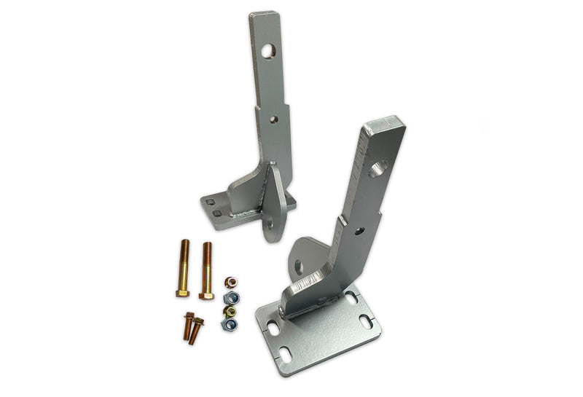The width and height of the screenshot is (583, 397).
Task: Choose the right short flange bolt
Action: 197,329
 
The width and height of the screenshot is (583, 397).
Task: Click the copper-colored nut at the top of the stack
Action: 230,282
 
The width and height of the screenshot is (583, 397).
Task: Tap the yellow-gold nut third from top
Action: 230,311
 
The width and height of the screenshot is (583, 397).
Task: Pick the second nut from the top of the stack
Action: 231,297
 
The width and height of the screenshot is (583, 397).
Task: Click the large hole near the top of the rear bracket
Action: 269,51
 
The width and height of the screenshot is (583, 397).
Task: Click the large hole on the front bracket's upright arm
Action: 377,170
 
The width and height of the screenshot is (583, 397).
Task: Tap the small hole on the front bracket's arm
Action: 358,230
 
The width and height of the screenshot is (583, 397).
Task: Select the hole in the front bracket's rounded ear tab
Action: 300,266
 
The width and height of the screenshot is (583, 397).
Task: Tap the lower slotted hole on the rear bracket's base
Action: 216,213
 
